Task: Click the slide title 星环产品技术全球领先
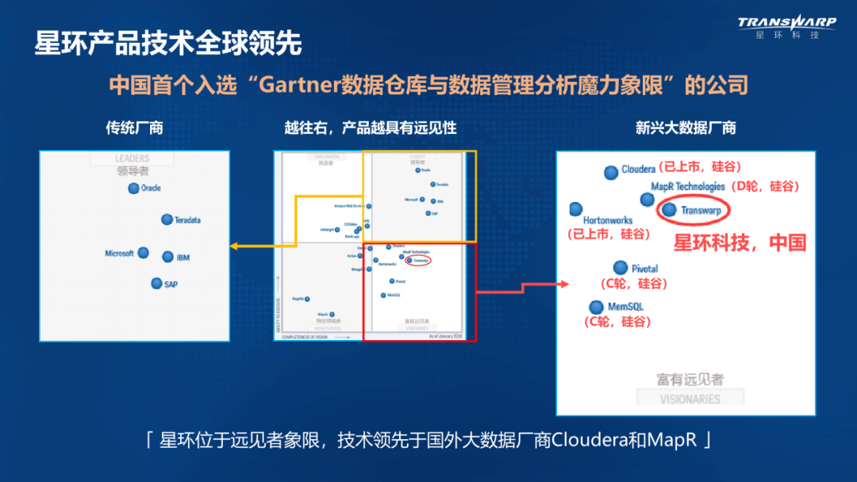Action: click(167, 43)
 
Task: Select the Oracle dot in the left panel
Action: click(133, 188)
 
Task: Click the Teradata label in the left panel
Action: click(187, 220)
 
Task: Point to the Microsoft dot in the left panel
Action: click(143, 253)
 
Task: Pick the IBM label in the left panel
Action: click(182, 257)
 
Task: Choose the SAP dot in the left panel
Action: click(157, 283)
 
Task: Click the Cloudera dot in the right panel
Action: click(610, 172)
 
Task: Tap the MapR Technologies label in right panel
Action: click(687, 186)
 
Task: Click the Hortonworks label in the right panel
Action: click(608, 220)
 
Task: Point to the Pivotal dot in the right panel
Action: click(621, 268)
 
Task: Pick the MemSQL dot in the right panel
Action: click(596, 307)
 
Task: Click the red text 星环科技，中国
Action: click(740, 243)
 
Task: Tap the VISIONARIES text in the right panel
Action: click(690, 400)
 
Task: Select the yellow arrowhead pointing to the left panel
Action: click(234, 247)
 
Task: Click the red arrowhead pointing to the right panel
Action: click(564, 284)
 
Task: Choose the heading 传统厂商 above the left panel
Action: click(134, 128)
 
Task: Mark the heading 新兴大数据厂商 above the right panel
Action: click(686, 128)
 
